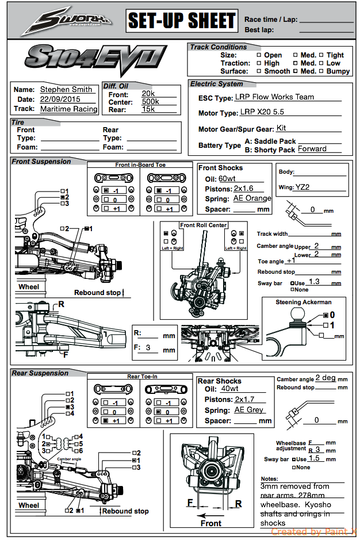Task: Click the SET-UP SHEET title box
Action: coord(181,21)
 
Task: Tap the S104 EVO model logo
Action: coord(95,59)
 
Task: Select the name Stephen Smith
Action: coord(66,90)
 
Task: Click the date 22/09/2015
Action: coord(60,99)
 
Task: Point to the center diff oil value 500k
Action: coord(150,101)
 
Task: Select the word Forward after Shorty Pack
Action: coord(312,149)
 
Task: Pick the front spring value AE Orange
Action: coord(252,198)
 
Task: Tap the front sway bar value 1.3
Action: coord(314,282)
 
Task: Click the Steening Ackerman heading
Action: coord(303,302)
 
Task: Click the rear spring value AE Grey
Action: coord(249,410)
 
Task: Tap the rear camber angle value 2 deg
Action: coord(325,378)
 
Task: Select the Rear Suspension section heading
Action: coord(40,373)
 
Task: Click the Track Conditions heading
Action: coord(219,47)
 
